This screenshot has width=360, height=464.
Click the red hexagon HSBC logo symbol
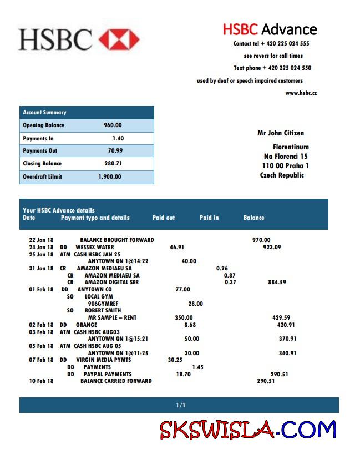click(119, 39)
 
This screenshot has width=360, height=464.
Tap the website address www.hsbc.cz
click(301, 93)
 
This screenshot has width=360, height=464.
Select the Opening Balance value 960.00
click(113, 125)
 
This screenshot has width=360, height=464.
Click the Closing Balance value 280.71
click(113, 164)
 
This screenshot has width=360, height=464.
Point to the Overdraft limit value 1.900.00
click(109, 177)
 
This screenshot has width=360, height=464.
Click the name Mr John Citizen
click(281, 133)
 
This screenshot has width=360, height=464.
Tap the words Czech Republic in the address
click(282, 175)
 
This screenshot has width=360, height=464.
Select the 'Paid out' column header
click(164, 218)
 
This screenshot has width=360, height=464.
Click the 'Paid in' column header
click(209, 218)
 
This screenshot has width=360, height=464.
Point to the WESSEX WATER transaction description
click(95, 247)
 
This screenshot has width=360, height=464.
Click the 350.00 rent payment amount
click(184, 318)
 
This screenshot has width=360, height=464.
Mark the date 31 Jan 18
click(42, 268)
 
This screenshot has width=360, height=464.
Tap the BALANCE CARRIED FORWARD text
click(116, 381)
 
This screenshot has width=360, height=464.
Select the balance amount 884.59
click(277, 283)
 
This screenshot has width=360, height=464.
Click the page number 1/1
click(180, 406)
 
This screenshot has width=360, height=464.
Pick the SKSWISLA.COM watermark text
click(248, 430)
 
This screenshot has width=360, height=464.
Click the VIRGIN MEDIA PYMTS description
click(104, 360)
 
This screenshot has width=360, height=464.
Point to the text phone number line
click(272, 68)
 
